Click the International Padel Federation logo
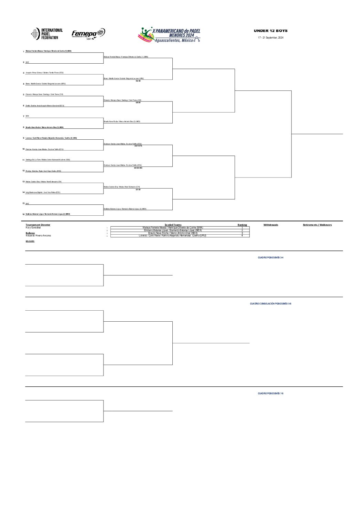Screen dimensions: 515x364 47,34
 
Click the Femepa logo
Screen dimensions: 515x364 88,33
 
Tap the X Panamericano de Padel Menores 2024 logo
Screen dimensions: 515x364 169,35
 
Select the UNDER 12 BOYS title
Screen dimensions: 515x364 270,31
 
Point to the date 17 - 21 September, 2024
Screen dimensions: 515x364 270,37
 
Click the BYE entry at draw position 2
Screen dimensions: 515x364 28,62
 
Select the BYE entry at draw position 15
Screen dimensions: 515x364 28,204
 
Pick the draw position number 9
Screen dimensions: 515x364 23,138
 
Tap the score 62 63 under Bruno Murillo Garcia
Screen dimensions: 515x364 138,81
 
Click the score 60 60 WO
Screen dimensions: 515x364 138,168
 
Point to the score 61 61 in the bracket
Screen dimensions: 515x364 138,190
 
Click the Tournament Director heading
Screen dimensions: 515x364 38,225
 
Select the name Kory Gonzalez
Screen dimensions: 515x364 33,228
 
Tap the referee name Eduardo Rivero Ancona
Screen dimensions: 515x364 38,236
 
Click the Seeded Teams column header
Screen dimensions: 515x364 173,225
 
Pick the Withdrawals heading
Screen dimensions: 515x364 271,225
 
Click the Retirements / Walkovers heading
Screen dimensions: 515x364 317,225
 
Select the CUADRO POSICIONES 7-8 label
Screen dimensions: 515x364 270,394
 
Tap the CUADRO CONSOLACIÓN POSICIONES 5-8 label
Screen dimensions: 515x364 270,304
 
